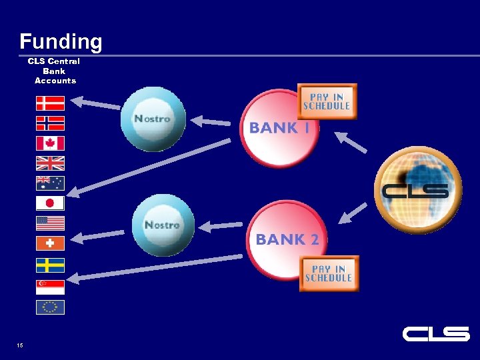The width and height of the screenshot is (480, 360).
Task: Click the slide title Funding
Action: tap(61, 42)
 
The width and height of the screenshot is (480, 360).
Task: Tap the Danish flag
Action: tap(50, 103)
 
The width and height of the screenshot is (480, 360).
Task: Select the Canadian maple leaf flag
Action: tap(50, 143)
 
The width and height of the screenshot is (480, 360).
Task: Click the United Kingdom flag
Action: tap(50, 163)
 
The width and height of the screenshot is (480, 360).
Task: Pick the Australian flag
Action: tap(50, 183)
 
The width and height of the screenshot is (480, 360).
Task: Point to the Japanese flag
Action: tap(50, 203)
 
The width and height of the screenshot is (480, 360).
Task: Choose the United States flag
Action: tap(50, 223)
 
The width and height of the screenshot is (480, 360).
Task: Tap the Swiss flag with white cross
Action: tap(50, 243)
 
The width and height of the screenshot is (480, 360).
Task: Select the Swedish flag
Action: tap(50, 265)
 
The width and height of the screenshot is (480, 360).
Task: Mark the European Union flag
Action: tap(50, 307)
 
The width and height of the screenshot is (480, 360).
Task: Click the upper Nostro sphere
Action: tap(153, 119)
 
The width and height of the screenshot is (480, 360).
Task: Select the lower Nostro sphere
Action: tap(163, 225)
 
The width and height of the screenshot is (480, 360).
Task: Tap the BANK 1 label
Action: tap(279, 128)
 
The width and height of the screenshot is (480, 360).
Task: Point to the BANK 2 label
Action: tap(287, 239)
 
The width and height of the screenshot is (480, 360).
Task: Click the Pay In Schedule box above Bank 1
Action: tap(327, 101)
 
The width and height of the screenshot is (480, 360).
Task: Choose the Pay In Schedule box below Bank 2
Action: tap(329, 273)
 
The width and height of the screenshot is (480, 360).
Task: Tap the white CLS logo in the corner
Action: tap(436, 333)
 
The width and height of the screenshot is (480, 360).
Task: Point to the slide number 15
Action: tap(20, 345)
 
